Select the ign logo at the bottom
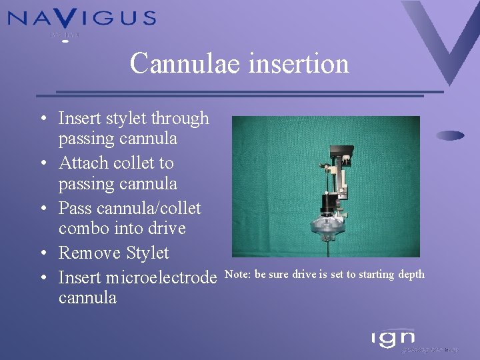click(393, 338)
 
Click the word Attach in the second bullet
click(82, 163)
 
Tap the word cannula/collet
click(129, 208)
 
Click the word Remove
click(88, 253)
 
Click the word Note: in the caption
click(239, 275)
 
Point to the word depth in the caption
click(411, 275)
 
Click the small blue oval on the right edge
click(450, 135)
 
